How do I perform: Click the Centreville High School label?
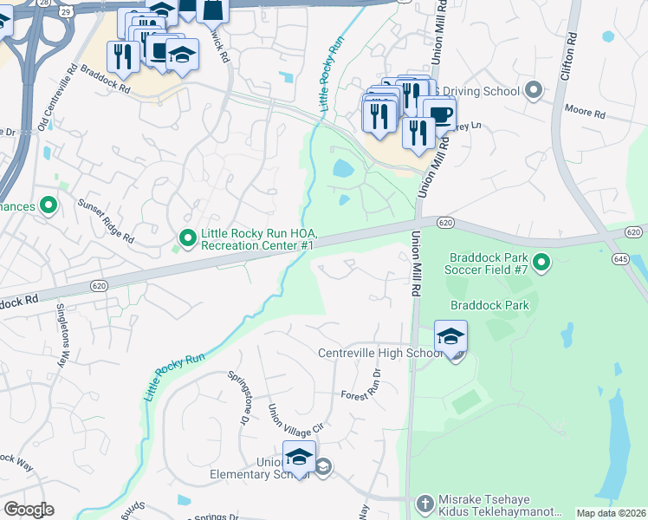tap(380, 353)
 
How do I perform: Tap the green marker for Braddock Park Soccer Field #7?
tap(542, 261)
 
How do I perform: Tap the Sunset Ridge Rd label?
tap(107, 221)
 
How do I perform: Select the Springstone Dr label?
tap(237, 398)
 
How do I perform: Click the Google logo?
tap(28, 510)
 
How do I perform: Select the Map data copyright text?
tap(611, 513)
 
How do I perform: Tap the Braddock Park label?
tap(489, 305)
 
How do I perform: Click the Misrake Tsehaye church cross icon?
tap(424, 503)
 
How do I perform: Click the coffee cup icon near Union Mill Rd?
tap(440, 114)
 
